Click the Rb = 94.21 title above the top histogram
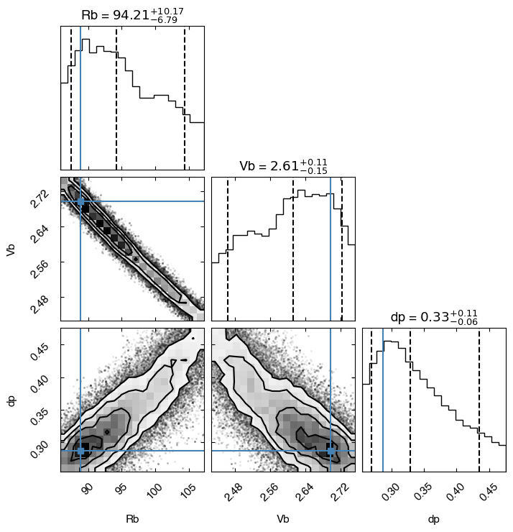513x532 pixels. click(x=133, y=15)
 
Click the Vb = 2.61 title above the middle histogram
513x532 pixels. click(x=284, y=166)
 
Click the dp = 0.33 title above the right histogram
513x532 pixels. click(x=435, y=317)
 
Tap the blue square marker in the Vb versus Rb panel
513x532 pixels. click(x=80, y=201)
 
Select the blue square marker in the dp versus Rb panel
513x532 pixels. click(x=80, y=451)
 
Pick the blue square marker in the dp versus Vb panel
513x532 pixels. click(x=331, y=451)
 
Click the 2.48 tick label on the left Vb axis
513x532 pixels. click(x=40, y=304)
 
